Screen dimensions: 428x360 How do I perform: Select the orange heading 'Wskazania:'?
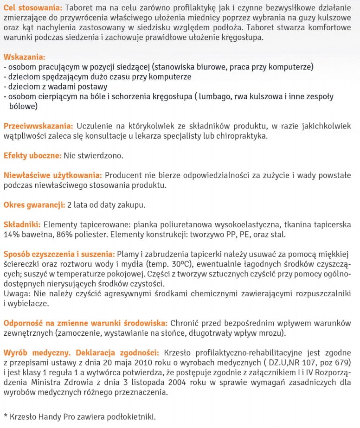[25, 57]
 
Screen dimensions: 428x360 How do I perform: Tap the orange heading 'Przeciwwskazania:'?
[38, 126]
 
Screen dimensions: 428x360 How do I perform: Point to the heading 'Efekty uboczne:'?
[32, 156]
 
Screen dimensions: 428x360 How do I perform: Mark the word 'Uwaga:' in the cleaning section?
[15, 294]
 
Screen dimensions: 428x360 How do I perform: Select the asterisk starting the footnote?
[6, 416]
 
